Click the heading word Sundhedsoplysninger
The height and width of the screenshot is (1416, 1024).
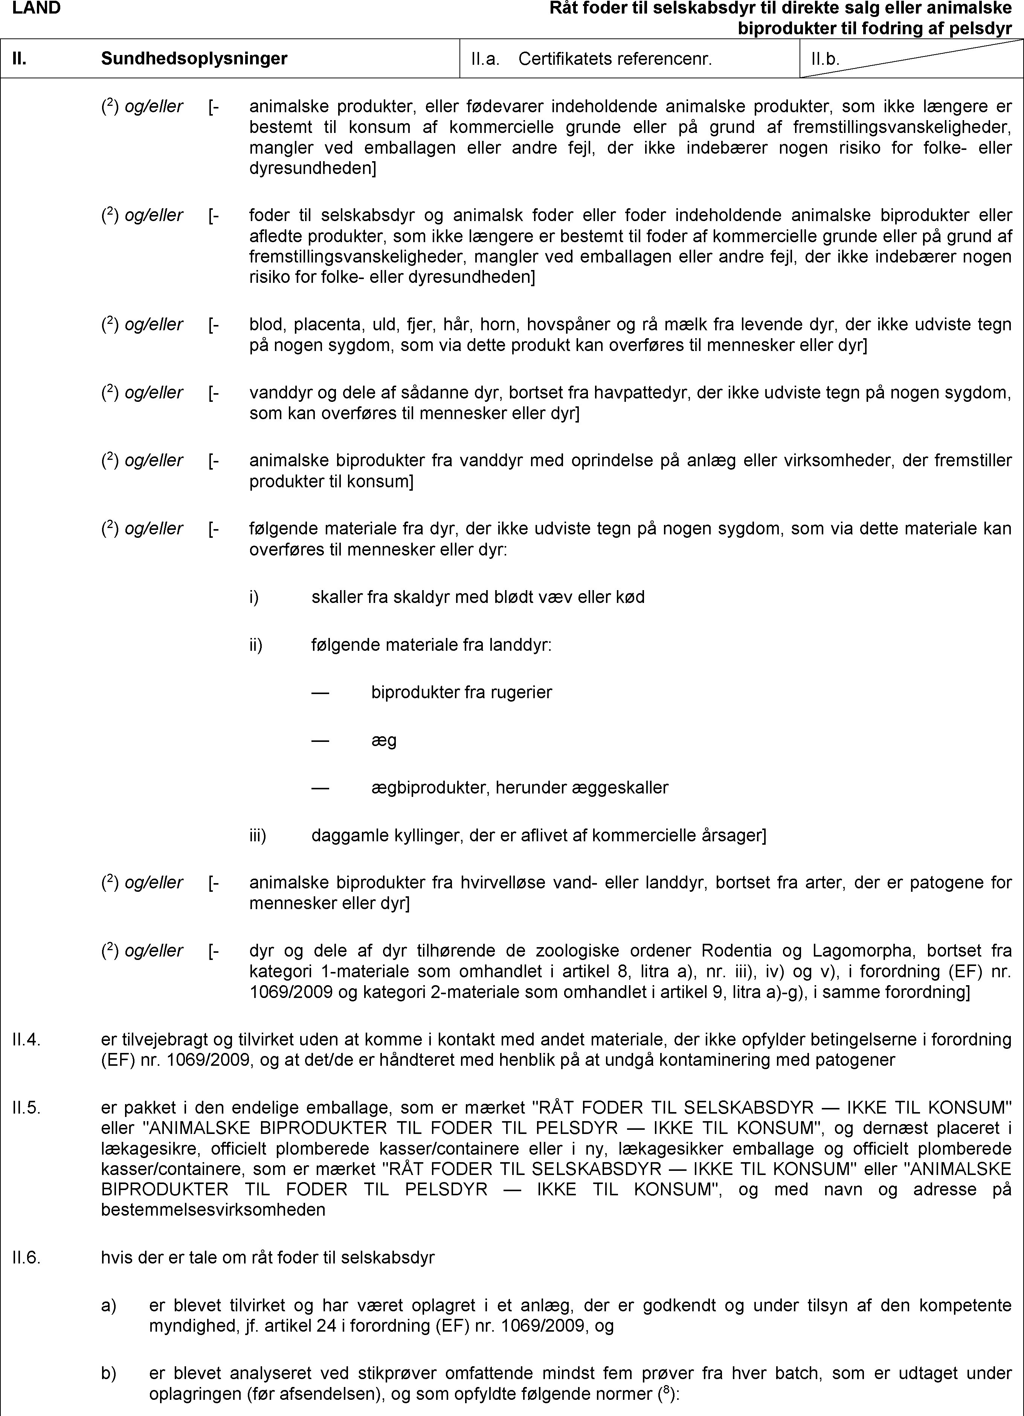[194, 59]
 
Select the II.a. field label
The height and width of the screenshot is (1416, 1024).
[485, 59]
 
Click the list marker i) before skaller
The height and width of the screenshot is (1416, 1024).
[254, 597]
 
